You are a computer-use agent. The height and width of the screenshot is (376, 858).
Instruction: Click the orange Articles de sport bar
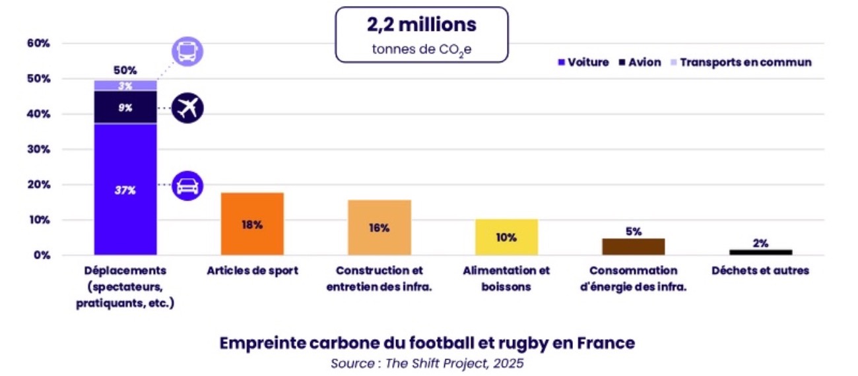tap(252, 224)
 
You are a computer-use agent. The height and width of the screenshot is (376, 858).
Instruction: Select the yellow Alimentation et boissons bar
tap(506, 237)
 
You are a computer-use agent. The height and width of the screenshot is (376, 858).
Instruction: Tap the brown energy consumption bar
tap(634, 246)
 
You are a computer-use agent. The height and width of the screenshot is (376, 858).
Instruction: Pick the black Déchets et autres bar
tap(760, 251)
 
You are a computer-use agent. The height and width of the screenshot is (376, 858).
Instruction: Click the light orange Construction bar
tap(379, 227)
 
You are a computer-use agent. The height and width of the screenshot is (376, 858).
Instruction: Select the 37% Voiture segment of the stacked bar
tap(125, 189)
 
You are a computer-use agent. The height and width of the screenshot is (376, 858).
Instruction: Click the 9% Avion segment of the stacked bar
tap(125, 107)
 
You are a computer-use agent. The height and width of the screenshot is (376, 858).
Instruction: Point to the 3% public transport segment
tap(125, 86)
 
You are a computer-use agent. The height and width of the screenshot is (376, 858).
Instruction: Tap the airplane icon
tap(187, 108)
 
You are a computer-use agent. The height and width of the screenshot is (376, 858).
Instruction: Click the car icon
tap(187, 186)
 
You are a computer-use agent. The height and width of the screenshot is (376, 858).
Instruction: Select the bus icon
tap(187, 51)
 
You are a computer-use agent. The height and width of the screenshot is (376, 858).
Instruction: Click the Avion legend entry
tap(640, 63)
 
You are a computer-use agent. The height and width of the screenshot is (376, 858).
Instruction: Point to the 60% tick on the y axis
tap(38, 44)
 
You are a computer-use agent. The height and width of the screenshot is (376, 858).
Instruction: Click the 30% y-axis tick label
tap(38, 150)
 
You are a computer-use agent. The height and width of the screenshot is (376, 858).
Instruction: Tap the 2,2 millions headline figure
tap(421, 25)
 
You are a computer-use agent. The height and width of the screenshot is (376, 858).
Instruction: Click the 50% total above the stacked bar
tap(125, 70)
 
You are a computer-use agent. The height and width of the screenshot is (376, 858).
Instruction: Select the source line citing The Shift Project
tap(427, 363)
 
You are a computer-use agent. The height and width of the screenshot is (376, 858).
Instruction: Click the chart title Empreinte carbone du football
tap(427, 343)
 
